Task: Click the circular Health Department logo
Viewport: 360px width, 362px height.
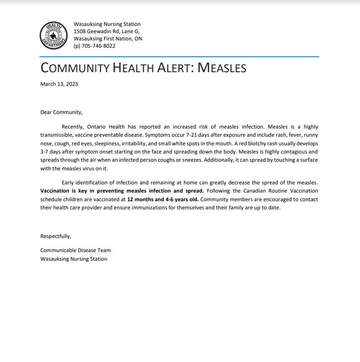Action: pyautogui.click(x=54, y=35)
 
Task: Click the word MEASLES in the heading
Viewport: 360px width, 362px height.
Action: pyautogui.click(x=222, y=68)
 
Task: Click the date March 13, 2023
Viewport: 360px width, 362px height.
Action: pyautogui.click(x=59, y=84)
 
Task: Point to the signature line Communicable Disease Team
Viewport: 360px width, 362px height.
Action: pyautogui.click(x=75, y=250)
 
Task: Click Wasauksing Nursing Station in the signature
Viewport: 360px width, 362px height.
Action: pyautogui.click(x=74, y=259)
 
